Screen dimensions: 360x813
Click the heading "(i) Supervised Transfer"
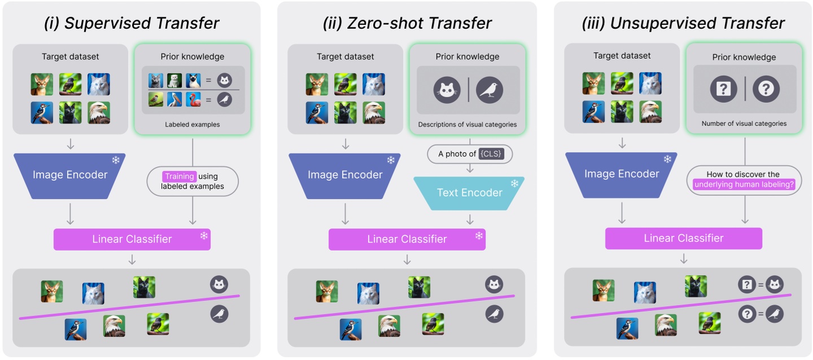point(132,23)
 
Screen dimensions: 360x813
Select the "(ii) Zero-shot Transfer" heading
point(406,23)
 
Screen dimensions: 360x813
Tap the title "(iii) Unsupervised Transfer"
point(683,23)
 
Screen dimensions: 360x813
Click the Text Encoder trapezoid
point(469,193)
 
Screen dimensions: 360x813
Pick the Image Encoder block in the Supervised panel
point(70,175)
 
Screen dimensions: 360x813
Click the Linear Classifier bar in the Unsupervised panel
point(683,238)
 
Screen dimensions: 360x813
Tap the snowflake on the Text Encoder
point(514,183)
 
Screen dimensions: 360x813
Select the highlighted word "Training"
point(180,177)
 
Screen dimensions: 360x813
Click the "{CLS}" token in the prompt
point(491,153)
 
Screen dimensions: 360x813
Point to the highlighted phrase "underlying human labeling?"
point(744,184)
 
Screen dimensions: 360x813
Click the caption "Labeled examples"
point(193,124)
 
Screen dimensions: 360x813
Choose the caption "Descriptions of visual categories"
point(467,124)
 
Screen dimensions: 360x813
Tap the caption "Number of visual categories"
point(744,123)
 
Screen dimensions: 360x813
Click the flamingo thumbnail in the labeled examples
point(194,99)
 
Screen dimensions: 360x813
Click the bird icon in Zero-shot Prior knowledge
point(489,89)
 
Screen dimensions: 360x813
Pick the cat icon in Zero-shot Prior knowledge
point(446,89)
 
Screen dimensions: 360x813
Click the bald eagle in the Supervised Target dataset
point(98,113)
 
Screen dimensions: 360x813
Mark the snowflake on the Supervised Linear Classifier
point(204,235)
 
